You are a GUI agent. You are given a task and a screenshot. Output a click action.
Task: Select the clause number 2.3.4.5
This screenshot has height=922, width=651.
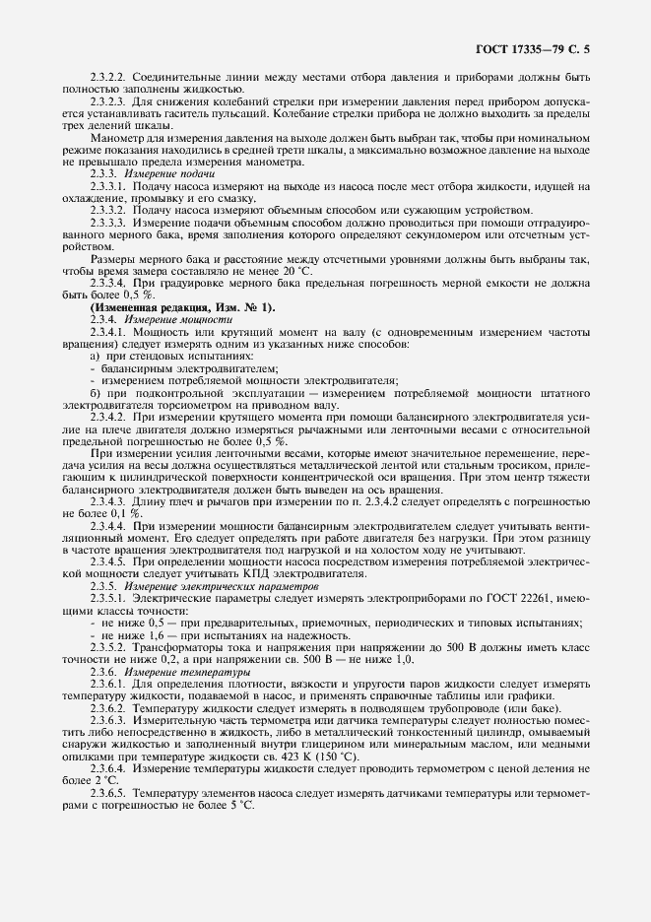pos(108,561)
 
